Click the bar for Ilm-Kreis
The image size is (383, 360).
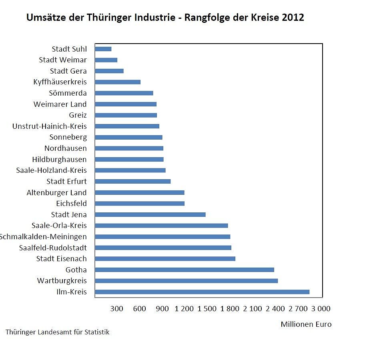202,292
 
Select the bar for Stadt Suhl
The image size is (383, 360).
103,49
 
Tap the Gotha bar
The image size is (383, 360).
184,270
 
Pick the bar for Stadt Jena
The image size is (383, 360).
150,214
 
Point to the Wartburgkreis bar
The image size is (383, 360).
186,281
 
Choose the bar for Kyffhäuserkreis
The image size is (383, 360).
118,82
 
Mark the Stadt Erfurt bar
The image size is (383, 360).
133,181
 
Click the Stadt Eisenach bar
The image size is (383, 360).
165,258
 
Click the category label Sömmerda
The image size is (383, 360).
68,93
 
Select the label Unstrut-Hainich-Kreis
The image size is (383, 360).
50,126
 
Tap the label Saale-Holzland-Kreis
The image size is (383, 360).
51,170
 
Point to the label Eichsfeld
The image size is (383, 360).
71,204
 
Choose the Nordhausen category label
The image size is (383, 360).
65,148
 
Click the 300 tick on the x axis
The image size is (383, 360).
117,309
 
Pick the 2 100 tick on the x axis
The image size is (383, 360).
253,309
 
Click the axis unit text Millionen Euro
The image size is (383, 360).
306,324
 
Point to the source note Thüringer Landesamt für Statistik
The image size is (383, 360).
57,332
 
